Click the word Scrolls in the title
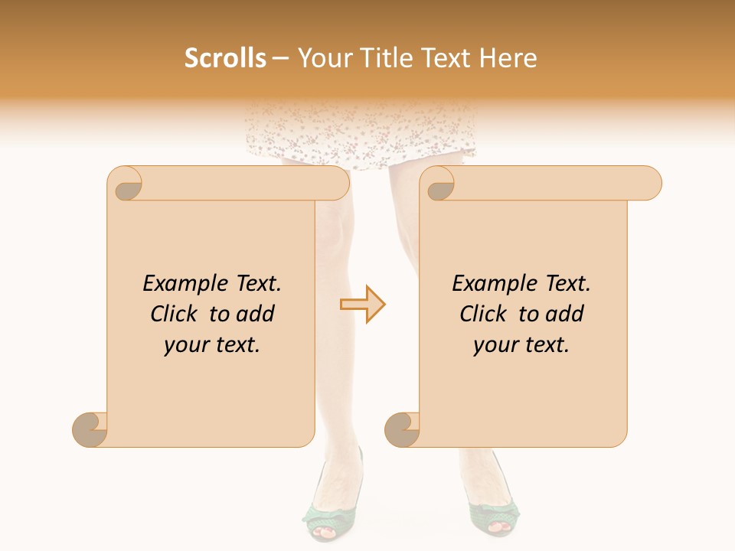225,58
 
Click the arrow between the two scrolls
363,305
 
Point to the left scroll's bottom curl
90,429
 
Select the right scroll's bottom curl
402,429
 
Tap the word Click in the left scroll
175,315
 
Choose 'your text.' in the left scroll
212,345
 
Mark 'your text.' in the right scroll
521,345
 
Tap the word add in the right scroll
563,315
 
